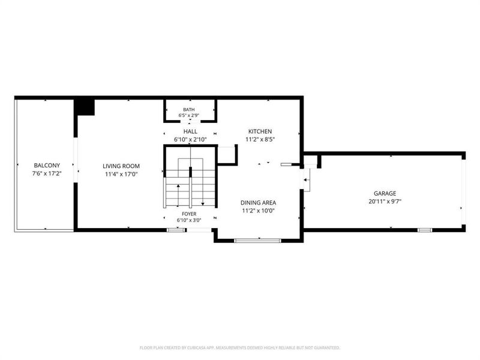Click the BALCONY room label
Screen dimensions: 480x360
47,166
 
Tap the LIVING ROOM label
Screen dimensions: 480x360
121,166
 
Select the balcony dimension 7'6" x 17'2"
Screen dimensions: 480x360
47,173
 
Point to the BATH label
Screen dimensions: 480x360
189,110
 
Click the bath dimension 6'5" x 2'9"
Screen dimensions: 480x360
189,115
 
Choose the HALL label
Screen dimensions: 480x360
190,131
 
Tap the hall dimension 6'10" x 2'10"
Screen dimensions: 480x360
190,140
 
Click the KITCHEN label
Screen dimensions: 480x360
260,131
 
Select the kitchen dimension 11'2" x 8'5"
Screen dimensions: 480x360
260,140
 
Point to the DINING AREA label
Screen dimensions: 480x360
258,203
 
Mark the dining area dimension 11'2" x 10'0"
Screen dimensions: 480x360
258,211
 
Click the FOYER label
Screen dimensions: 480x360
189,214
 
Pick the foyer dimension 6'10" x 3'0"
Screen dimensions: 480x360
189,220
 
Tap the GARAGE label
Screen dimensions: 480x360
385,193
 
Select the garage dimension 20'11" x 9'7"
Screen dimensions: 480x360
385,202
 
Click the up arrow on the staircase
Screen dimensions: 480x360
178,195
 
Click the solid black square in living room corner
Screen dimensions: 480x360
85,107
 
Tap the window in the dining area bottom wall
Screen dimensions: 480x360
257,241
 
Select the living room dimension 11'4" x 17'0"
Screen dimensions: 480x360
121,174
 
